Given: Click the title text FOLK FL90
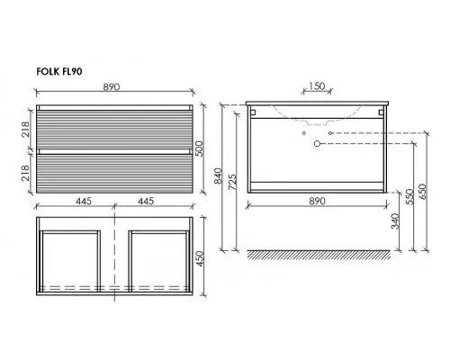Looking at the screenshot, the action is tap(59, 72).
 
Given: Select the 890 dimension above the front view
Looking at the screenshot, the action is tap(112, 86).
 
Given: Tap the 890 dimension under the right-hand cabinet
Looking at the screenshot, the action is tap(317, 201).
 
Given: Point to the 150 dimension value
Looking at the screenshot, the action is tap(317, 86).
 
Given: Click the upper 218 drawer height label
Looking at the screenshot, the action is tap(26, 130).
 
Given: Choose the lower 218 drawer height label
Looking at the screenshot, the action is tap(26, 173).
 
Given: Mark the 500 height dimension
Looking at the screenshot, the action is tap(199, 148).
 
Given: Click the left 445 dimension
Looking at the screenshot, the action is tap(84, 201).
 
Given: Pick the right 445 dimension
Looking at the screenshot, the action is tap(146, 201).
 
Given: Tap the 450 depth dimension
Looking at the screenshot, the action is tap(199, 258).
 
